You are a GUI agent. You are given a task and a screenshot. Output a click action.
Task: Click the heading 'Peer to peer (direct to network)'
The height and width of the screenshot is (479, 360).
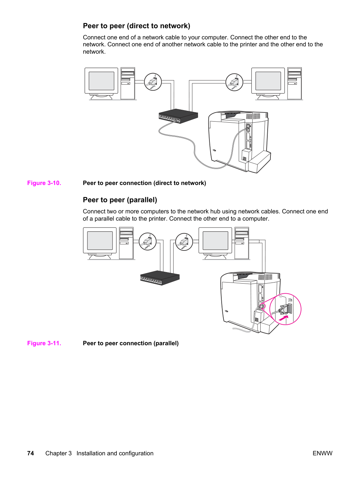click(x=137, y=26)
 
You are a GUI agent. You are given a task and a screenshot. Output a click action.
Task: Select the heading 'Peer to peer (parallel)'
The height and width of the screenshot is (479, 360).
click(x=120, y=200)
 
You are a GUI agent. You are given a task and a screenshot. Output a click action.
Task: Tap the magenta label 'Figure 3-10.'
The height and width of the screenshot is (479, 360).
click(x=44, y=183)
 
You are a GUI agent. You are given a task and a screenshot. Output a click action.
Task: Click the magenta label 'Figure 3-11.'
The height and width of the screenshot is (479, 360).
click(x=44, y=343)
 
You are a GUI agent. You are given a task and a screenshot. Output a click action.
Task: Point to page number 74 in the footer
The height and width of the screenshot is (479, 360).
click(x=31, y=453)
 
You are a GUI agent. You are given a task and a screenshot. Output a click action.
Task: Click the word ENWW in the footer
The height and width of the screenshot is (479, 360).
click(x=322, y=453)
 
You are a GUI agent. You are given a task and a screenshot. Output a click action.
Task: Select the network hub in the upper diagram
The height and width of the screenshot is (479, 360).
click(x=178, y=116)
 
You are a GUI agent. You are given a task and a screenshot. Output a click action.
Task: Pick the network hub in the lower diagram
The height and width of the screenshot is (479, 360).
click(x=160, y=278)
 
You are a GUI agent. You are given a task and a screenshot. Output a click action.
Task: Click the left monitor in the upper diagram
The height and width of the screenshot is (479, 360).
click(x=101, y=83)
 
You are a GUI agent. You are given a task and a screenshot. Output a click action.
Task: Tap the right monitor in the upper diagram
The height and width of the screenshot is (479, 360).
click(x=268, y=83)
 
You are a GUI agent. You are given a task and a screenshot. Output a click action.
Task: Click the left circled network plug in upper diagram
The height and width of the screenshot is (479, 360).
click(x=153, y=82)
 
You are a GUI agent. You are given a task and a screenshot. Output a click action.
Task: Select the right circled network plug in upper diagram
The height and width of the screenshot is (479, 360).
click(x=234, y=82)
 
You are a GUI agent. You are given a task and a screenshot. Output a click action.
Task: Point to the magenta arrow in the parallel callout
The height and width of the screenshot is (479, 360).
click(x=284, y=318)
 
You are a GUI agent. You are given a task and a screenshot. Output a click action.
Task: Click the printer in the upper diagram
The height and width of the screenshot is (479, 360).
click(x=239, y=142)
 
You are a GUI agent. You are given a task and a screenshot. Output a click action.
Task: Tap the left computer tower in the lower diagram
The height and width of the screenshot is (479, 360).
click(x=127, y=243)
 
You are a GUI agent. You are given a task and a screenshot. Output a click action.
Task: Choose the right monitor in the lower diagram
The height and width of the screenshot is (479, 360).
click(x=215, y=243)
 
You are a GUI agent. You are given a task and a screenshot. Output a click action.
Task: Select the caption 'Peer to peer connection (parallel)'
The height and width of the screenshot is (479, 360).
click(x=131, y=343)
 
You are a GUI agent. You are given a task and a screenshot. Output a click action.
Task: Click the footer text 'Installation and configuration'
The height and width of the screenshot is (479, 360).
click(x=115, y=453)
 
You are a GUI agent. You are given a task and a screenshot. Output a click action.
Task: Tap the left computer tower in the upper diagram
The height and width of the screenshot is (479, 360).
click(x=128, y=83)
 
